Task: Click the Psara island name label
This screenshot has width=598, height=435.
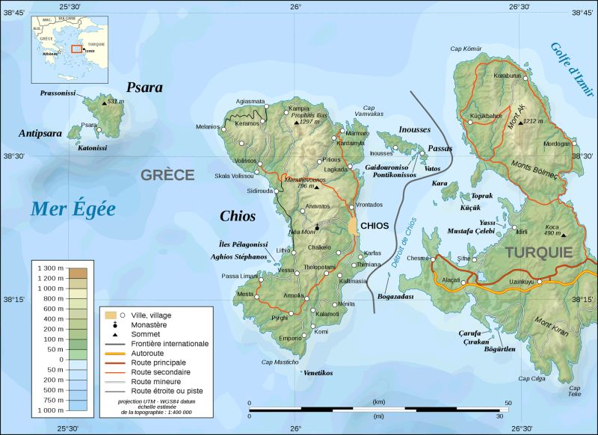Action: [144, 87]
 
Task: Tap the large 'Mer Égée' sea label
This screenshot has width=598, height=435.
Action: [73, 209]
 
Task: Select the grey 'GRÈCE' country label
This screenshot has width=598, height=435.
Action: [167, 175]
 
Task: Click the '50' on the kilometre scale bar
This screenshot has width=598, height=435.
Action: [508, 404]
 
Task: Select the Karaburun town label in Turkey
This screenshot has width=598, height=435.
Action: [507, 75]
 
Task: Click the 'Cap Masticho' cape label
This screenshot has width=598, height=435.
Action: [280, 362]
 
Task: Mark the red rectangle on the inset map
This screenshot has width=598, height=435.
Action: [75, 49]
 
